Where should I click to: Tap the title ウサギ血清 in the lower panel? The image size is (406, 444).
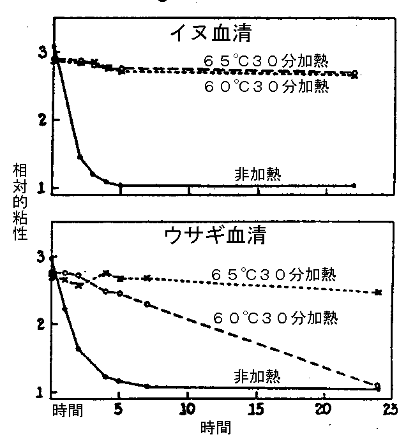[215, 236]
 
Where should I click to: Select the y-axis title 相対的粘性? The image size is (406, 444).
[20, 201]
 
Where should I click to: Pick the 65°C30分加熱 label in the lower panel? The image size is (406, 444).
[274, 274]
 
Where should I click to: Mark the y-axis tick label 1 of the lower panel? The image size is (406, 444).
[40, 392]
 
